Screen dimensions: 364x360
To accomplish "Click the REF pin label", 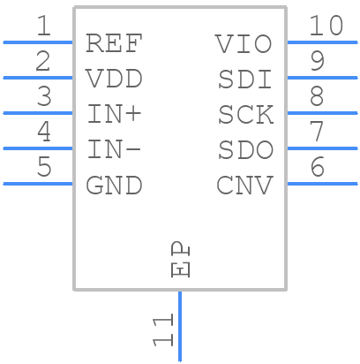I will pyautogui.click(x=114, y=43).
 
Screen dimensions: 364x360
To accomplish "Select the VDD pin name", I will pyautogui.click(x=114, y=79).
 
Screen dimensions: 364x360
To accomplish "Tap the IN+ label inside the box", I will pyautogui.click(x=114, y=114).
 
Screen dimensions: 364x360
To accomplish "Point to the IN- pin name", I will pyautogui.click(x=114, y=149).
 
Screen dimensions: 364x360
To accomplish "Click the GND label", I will pyautogui.click(x=114, y=186).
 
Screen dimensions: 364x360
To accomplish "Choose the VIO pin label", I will pyautogui.click(x=244, y=43).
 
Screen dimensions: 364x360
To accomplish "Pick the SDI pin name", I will pyautogui.click(x=244, y=79).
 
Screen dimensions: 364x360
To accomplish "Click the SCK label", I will pyautogui.click(x=244, y=114).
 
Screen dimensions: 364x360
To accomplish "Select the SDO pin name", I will pyautogui.click(x=244, y=149).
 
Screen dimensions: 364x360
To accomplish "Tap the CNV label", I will pyautogui.click(x=244, y=186).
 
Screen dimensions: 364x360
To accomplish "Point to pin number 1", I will pyautogui.click(x=42, y=27).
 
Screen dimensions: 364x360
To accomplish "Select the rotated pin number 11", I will pyautogui.click(x=162, y=332).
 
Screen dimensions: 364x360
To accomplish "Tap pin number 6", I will pyautogui.click(x=318, y=167).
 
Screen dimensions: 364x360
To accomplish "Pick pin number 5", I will pyautogui.click(x=42, y=167).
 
